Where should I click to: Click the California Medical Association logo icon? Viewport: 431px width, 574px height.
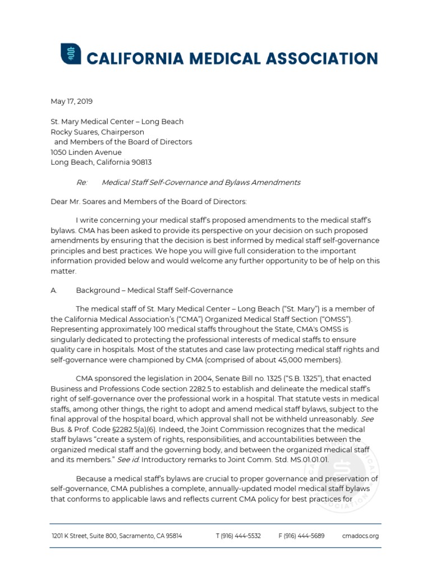coord(71,54)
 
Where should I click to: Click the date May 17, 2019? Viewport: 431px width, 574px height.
coord(72,101)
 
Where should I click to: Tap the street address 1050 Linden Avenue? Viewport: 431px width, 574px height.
coord(86,152)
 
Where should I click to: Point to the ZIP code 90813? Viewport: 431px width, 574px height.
coord(140,162)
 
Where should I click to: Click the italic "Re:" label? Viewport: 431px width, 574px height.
coord(81,182)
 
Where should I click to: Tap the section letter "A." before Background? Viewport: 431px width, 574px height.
coord(54,290)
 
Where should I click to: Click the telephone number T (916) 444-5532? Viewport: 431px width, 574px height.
coord(239,536)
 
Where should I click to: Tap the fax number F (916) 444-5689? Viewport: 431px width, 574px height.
coord(301,536)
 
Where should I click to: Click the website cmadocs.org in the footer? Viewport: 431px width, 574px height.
coord(360,536)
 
